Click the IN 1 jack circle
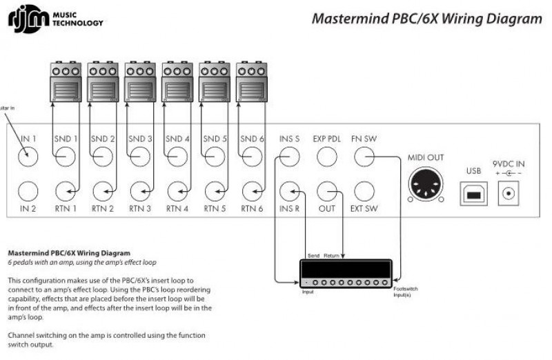[28, 157]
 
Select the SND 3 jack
[141, 157]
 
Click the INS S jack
[290, 157]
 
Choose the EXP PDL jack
[327, 157]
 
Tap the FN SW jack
[364, 157]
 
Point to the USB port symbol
[473, 194]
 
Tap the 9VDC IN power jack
[509, 194]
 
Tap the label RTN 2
[103, 208]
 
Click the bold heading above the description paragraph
[68, 253]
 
